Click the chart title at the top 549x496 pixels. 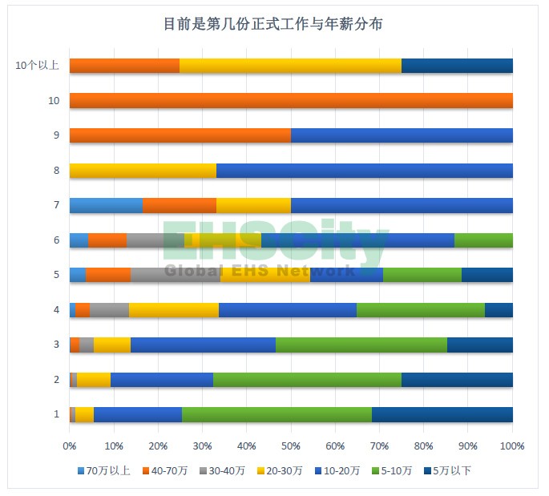273,25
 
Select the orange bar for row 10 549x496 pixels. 291,101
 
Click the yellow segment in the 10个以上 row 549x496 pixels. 290,66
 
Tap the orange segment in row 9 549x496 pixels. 180,135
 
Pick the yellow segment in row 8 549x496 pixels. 143,170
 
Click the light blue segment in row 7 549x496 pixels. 106,205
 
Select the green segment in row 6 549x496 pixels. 483,240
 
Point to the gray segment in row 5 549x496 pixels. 176,275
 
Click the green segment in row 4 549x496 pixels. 421,310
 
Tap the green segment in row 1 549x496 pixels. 277,414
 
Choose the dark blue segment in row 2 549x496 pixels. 457,380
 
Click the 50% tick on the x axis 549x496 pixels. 291,445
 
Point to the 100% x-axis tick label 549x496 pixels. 511,445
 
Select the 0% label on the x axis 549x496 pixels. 70,445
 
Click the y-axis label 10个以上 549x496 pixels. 37,66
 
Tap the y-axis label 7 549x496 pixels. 56,205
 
